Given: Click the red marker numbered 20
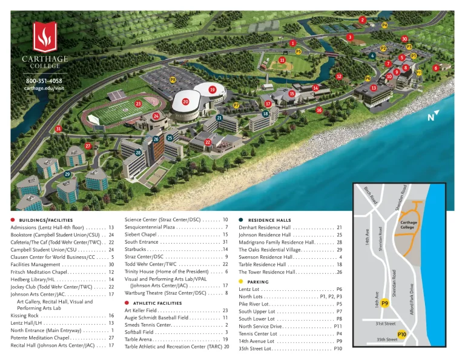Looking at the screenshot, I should pos(186,102).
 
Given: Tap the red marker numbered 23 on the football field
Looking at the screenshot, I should pos(139,104).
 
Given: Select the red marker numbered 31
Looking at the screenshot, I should pos(58,128).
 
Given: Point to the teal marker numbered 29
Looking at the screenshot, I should pos(67,174).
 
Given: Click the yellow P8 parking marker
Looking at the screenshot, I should pos(173,79).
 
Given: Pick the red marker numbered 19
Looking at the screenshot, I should pos(213,90).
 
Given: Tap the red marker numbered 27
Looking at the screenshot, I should pos(88,146).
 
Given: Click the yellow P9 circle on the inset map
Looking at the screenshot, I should pos(384,303).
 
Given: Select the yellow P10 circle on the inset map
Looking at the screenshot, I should pos(402,333).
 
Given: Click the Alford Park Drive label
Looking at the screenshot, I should pos(412,298).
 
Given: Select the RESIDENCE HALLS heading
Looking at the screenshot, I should pos(269,220).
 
